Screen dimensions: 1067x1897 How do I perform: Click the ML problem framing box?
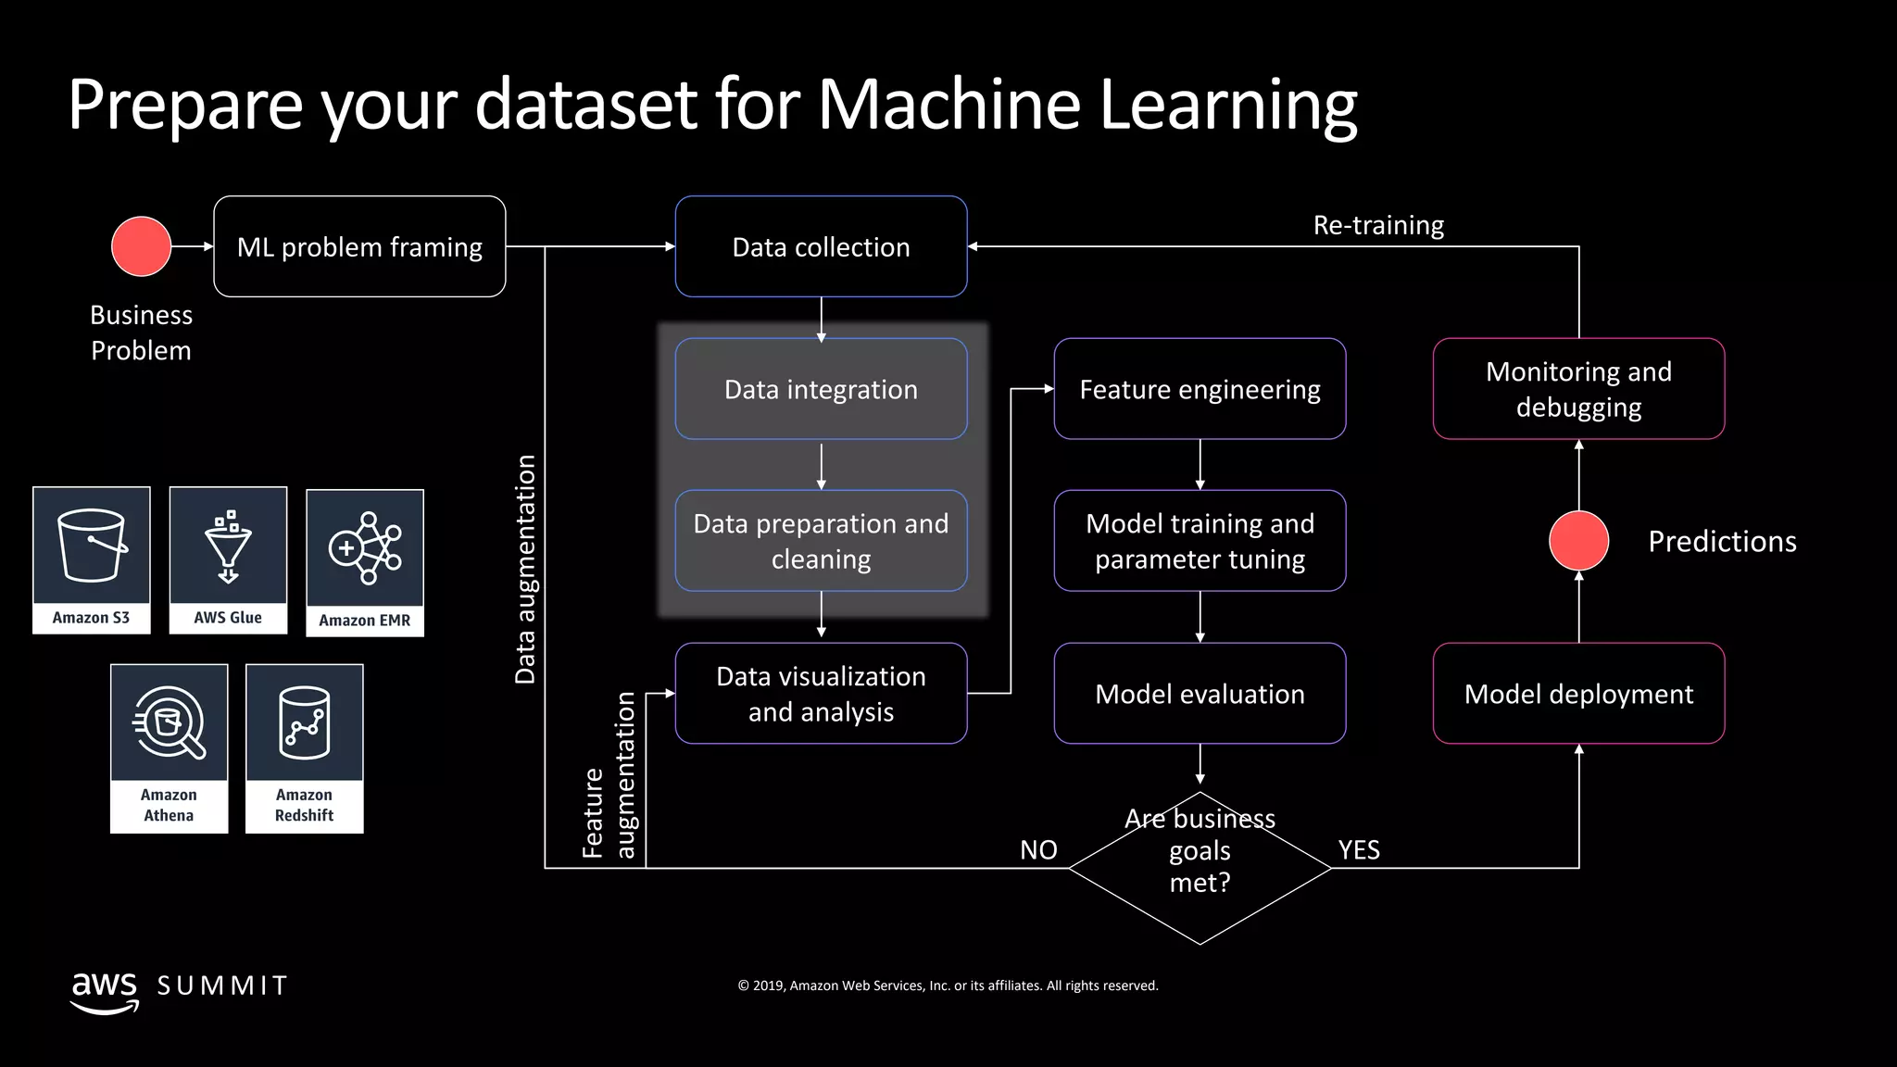click(359, 246)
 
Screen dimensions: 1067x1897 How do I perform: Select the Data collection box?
click(821, 246)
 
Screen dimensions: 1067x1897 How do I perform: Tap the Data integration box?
click(821, 389)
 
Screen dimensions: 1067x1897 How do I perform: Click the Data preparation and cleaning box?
click(821, 541)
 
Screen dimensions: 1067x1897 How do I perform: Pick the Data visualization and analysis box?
click(821, 693)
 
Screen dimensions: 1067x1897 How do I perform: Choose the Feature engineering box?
click(1200, 389)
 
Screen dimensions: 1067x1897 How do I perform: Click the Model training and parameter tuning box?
click(1200, 541)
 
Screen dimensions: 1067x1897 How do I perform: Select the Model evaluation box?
click(1200, 693)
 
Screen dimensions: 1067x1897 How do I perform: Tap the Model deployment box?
click(1578, 693)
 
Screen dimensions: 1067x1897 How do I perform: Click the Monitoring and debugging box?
click(1578, 389)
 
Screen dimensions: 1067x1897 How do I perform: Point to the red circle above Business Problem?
click(141, 246)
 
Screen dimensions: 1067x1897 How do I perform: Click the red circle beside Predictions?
click(1578, 541)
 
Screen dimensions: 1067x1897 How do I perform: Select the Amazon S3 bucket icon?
click(91, 546)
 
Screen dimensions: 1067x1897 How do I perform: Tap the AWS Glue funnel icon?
click(228, 546)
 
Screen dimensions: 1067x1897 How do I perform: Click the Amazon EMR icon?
click(365, 548)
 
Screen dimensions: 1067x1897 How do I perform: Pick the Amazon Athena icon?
click(169, 722)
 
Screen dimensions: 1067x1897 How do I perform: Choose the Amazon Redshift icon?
click(304, 722)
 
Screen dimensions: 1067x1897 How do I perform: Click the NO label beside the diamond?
click(1038, 849)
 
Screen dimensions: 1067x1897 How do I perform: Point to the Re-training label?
click(1378, 225)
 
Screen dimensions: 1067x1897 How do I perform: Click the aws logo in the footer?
click(105, 989)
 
